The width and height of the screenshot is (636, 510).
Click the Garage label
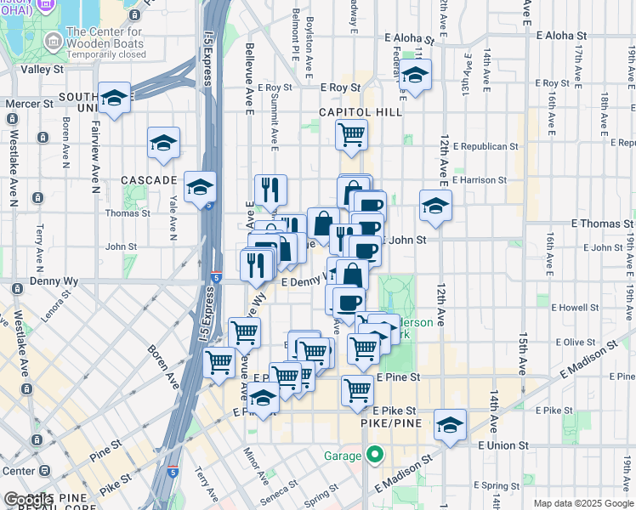343,456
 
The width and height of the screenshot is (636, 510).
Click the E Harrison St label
479,180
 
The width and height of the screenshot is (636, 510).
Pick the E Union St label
503,445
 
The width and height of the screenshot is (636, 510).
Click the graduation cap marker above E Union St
450,424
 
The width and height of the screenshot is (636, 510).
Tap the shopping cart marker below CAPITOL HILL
351,133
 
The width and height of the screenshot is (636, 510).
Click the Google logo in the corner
27,500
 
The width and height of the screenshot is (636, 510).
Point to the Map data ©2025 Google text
583,503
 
